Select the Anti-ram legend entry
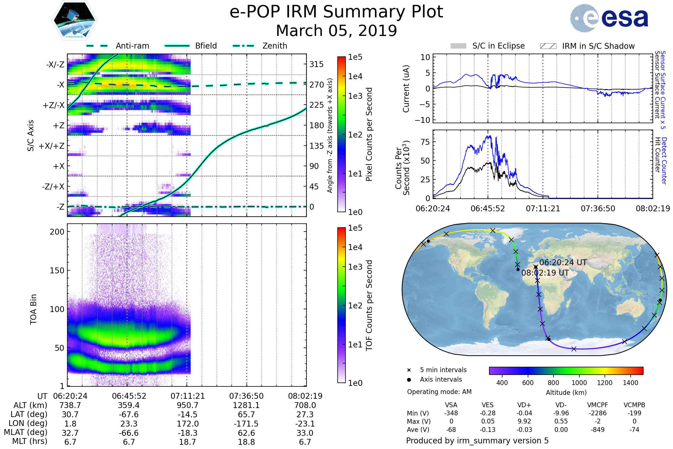pyautogui.click(x=132, y=46)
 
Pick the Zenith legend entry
pyautogui.click(x=275, y=46)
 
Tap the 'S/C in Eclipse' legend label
pyautogui.click(x=498, y=46)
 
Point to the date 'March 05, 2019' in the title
pyautogui.click(x=336, y=31)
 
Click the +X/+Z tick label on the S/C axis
pyautogui.click(x=52, y=146)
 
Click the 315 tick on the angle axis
pyautogui.click(x=316, y=64)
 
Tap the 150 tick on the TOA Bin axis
pyautogui.click(x=57, y=270)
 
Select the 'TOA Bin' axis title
pyautogui.click(x=33, y=309)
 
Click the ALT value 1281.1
pyautogui.click(x=246, y=405)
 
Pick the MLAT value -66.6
pyautogui.click(x=129, y=433)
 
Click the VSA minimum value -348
pyautogui.click(x=451, y=413)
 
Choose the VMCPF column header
pyautogui.click(x=598, y=405)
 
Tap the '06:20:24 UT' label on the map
pyautogui.click(x=563, y=262)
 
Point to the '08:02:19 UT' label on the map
pyautogui.click(x=545, y=272)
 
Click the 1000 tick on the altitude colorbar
pyautogui.click(x=579, y=383)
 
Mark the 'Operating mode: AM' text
pyautogui.click(x=439, y=392)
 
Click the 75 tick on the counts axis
pyautogui.click(x=425, y=142)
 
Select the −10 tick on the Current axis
pyautogui.click(x=423, y=120)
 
